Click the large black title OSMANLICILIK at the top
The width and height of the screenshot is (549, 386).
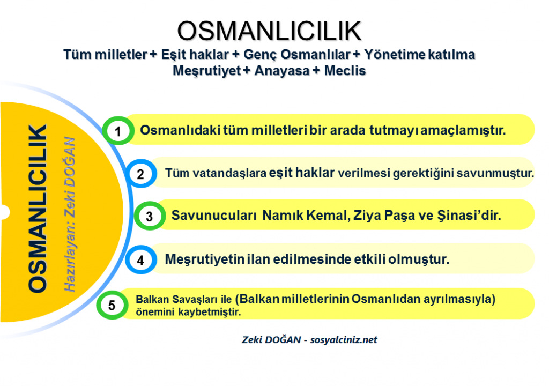(x=269, y=31)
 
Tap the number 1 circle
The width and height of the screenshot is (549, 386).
(x=118, y=131)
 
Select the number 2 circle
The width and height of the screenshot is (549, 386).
(x=141, y=173)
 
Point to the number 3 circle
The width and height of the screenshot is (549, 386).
(x=150, y=216)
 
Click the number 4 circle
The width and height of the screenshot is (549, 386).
(x=141, y=259)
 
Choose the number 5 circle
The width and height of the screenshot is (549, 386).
(x=112, y=305)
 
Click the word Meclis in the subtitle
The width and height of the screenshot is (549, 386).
(x=345, y=71)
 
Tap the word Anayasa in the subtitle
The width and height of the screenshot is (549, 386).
(x=282, y=71)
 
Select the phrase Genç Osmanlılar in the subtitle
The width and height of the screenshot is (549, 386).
(x=297, y=55)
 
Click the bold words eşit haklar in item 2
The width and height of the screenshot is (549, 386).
(x=302, y=173)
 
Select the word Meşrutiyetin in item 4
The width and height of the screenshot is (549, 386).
(x=205, y=259)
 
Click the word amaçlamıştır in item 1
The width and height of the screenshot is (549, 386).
(x=463, y=130)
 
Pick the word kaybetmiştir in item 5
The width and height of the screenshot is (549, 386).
(x=210, y=311)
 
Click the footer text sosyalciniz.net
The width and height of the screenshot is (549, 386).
(x=344, y=340)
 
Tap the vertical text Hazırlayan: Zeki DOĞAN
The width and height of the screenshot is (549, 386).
(x=70, y=214)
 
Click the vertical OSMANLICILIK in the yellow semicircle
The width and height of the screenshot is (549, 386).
(x=38, y=209)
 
